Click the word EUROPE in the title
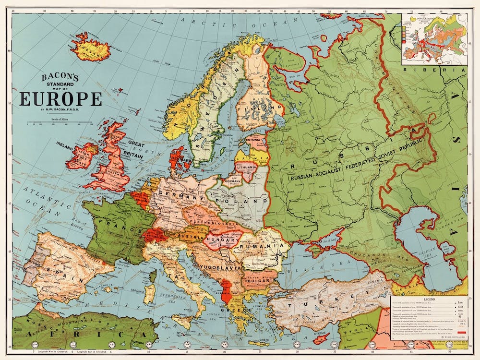[60, 98]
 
